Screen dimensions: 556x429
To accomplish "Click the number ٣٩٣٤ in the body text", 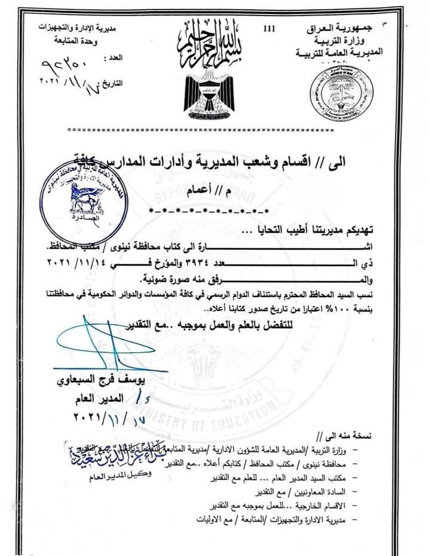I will [x=207, y=263].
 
